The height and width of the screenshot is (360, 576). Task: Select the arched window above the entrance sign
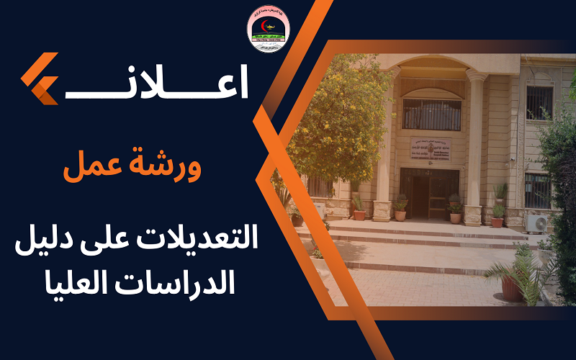point(431,113)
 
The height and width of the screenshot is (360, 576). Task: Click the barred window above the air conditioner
point(537,189)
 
